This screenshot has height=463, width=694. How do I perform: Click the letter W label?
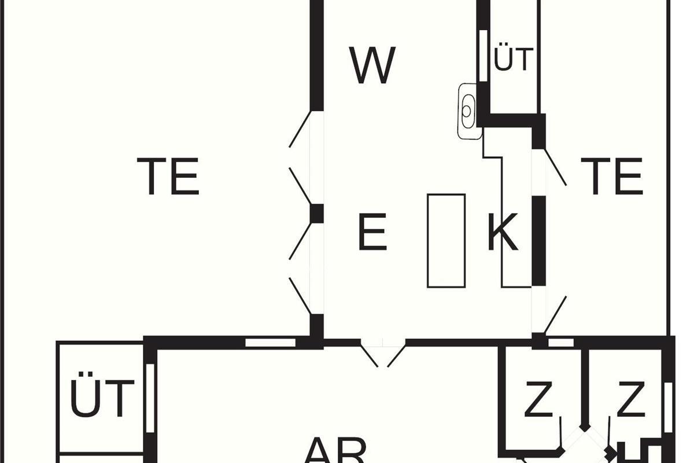tap(373, 65)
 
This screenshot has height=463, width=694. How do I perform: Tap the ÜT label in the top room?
tap(512, 60)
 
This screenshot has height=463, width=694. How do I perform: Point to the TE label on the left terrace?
tap(168, 176)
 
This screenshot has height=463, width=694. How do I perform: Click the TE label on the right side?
tap(611, 176)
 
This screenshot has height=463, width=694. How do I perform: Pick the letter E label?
tap(372, 232)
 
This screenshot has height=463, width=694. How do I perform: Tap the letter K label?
tap(502, 232)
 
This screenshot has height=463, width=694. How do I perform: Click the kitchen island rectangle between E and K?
tap(446, 240)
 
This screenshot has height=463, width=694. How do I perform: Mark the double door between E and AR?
tap(382, 352)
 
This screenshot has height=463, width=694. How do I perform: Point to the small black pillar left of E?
tap(316, 214)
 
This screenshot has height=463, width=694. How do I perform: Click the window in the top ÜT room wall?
tap(483, 55)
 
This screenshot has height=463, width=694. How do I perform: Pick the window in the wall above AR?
tap(270, 343)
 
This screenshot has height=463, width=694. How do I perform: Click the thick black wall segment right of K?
tap(538, 240)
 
